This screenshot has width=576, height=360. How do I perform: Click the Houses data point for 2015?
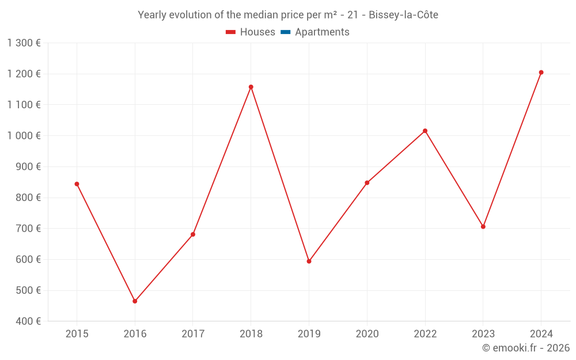click(77, 184)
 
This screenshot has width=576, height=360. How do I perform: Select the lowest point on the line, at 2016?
click(135, 301)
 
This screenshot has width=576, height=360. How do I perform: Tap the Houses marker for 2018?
click(251, 87)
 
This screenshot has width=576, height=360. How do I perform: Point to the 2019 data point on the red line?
click(309, 262)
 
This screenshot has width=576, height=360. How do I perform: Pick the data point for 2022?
click(425, 131)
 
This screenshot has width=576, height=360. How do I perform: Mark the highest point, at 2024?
click(541, 73)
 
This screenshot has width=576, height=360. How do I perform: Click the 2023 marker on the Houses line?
click(483, 226)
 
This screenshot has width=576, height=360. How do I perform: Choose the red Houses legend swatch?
click(230, 32)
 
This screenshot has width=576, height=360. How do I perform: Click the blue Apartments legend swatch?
click(285, 32)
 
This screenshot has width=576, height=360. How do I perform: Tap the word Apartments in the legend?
click(322, 32)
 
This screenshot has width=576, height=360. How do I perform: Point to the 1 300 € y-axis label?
click(24, 43)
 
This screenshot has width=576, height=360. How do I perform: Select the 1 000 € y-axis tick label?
click(24, 136)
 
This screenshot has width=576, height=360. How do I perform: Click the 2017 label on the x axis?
click(193, 334)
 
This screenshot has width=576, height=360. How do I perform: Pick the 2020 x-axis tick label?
click(367, 334)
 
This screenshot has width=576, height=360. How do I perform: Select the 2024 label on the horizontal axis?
click(541, 334)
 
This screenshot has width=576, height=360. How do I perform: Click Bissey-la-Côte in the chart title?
click(403, 15)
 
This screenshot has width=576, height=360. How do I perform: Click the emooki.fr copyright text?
click(525, 348)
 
